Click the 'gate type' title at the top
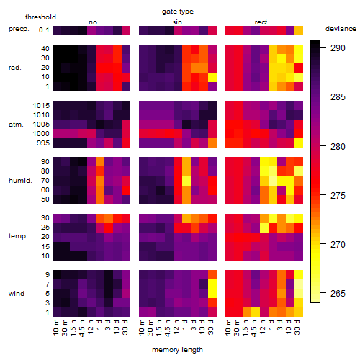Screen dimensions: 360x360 point(178,12)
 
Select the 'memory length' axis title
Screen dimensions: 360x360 point(177,350)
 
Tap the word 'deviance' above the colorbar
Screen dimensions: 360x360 point(341,29)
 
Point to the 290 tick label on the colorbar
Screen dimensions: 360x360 point(338,48)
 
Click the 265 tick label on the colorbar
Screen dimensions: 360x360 point(338,293)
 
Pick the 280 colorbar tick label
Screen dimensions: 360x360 point(338,146)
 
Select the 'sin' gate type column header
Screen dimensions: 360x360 point(177,22)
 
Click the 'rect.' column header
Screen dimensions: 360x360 point(261,22)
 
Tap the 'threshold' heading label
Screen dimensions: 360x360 point(40,17)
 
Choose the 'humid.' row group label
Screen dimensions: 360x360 point(20,181)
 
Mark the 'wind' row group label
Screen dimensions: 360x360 point(17,294)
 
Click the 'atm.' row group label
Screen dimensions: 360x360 point(16,125)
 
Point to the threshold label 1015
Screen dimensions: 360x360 point(41,105)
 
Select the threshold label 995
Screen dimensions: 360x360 point(43,143)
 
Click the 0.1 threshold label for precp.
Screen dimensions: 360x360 point(44,30)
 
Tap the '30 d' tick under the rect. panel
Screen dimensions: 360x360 point(297,327)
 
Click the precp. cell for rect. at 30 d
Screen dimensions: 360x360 point(299,30)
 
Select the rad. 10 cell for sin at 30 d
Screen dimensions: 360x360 point(212,77)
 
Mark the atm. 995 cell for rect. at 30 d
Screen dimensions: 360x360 point(299,143)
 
